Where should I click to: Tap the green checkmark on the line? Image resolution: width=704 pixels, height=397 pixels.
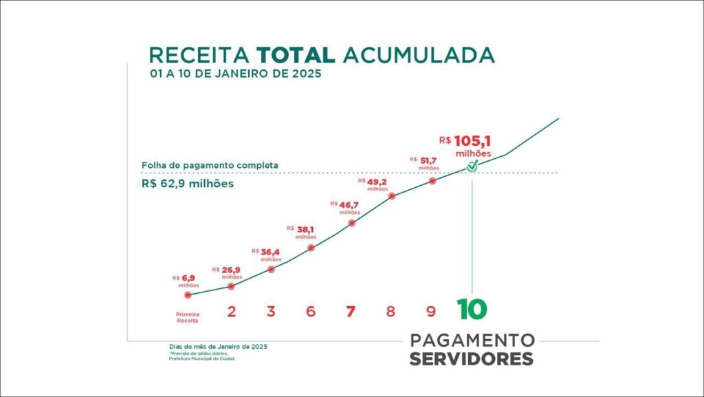(x=472, y=167)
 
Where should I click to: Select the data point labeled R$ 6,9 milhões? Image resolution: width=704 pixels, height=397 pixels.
(x=188, y=294)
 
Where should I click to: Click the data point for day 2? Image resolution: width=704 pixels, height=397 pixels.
(x=231, y=286)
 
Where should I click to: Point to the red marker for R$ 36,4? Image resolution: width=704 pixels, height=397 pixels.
(x=271, y=269)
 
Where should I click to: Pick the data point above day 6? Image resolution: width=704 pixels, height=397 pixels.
(x=311, y=248)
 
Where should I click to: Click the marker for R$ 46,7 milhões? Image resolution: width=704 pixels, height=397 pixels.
(x=352, y=223)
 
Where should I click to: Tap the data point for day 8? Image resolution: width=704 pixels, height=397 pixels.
(x=392, y=196)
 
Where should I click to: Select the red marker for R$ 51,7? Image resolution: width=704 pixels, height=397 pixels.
(x=432, y=181)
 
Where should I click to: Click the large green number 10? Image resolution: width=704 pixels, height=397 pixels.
(x=472, y=310)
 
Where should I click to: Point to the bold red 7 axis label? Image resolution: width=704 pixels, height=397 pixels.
(x=351, y=312)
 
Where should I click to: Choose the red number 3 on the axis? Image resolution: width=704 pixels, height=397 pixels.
(x=271, y=312)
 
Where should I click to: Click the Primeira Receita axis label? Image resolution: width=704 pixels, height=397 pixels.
(x=188, y=317)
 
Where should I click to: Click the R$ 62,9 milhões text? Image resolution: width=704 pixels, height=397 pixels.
(x=188, y=184)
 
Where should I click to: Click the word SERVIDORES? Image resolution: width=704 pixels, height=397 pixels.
(x=472, y=358)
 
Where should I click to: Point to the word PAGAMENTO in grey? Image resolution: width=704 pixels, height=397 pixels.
(x=472, y=340)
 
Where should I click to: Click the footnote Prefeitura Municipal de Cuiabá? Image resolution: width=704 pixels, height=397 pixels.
(x=197, y=358)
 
